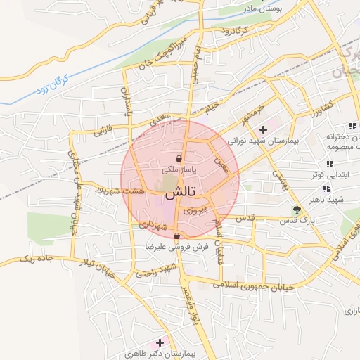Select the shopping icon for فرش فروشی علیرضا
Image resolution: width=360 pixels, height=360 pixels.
pos(176,236)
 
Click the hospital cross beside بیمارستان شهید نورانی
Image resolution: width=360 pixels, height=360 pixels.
pos(263,129)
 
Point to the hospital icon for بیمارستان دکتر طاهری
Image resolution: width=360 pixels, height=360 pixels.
pos(160,342)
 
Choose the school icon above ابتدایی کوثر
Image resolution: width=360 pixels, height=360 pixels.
pos(330,164)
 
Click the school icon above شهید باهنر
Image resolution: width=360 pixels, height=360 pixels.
pos(326,188)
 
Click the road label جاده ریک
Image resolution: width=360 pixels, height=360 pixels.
pos(37,259)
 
